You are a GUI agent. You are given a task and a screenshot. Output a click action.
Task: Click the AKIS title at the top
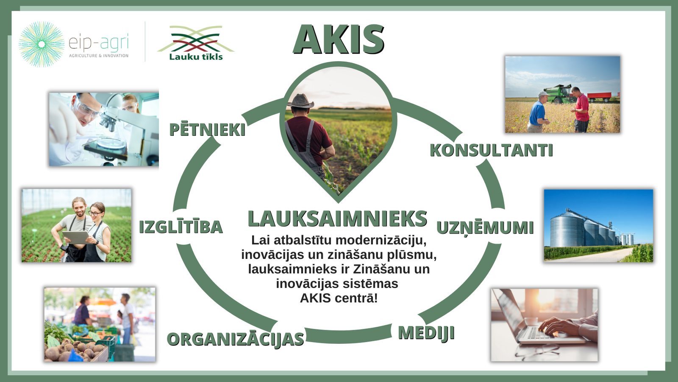tap(339, 39)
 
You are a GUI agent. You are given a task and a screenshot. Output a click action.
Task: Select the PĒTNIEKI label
tap(207, 130)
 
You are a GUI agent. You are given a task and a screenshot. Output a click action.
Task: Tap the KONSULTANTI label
tap(491, 150)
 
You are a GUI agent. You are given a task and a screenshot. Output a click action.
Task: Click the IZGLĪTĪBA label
tap(181, 227)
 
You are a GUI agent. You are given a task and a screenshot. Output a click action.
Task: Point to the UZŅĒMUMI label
tap(485, 228)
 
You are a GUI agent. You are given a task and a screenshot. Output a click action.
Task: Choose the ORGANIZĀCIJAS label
tap(236, 339)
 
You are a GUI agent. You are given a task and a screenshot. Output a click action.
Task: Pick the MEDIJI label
tap(426, 333)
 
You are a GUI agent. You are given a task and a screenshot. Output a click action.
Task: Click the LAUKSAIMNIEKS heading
tap(337, 219)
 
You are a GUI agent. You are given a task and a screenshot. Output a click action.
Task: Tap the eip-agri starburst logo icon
tap(42, 44)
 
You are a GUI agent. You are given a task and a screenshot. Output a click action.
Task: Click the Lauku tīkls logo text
tap(196, 57)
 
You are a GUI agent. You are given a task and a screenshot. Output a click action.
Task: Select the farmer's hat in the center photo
tap(300, 101)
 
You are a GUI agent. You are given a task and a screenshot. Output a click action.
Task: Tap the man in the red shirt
tap(581, 110)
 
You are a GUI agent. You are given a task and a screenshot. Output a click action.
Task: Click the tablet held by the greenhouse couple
tap(76, 237)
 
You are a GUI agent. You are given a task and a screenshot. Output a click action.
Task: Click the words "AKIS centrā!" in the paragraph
tap(339, 298)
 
